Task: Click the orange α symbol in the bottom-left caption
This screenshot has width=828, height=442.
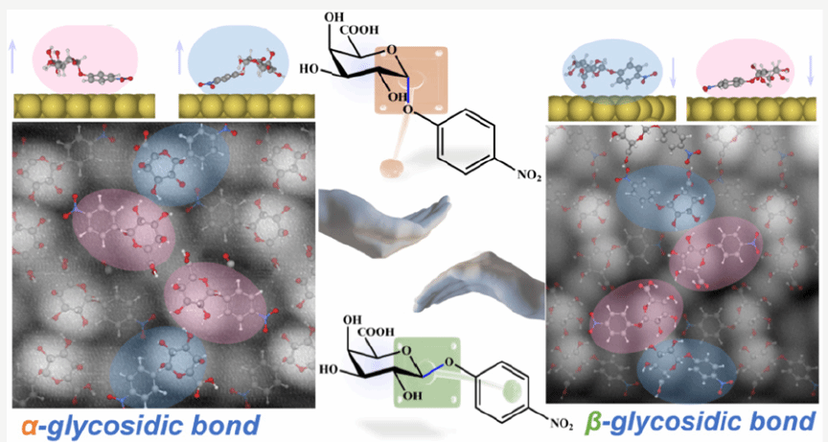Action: click(21, 424)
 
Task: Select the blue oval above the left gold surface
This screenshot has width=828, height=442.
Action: click(236, 60)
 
